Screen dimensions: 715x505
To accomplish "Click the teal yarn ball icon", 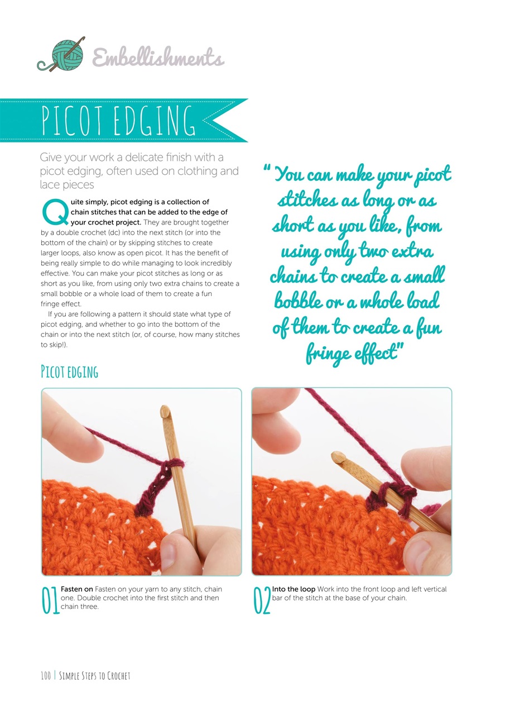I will [66, 55].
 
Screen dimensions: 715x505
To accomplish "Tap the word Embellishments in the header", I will [158, 58].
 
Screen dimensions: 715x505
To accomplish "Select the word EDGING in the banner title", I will [156, 121].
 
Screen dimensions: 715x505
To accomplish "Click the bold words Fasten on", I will [76, 589].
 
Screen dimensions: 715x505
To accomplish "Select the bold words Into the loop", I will [293, 589].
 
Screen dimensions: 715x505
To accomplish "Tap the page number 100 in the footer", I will [45, 676].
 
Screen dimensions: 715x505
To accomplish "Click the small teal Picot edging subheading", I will [69, 372].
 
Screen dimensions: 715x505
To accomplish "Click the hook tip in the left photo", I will [165, 412].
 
